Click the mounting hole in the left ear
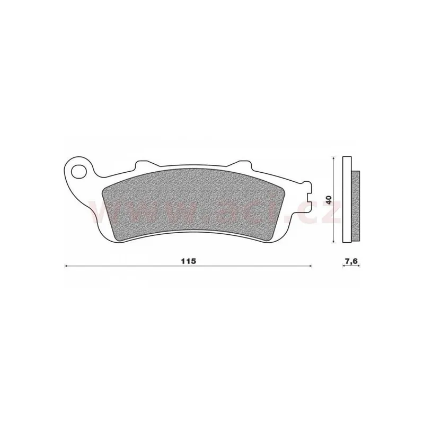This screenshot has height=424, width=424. pyautogui.click(x=78, y=171)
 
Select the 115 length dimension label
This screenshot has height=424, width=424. pyautogui.click(x=188, y=261)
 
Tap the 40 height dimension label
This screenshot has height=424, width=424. pyautogui.click(x=329, y=200)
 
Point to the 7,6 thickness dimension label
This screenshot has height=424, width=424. pyautogui.click(x=351, y=261)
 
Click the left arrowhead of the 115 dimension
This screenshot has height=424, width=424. pyautogui.click(x=66, y=267)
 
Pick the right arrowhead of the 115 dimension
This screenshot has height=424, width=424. pyautogui.click(x=310, y=267)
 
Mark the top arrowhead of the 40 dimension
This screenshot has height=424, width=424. pyautogui.click(x=334, y=158)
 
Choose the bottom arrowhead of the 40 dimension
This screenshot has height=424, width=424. pyautogui.click(x=334, y=241)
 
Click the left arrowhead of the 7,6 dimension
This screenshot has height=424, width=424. pyautogui.click(x=343, y=267)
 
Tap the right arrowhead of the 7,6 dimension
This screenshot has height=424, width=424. pyautogui.click(x=359, y=267)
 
